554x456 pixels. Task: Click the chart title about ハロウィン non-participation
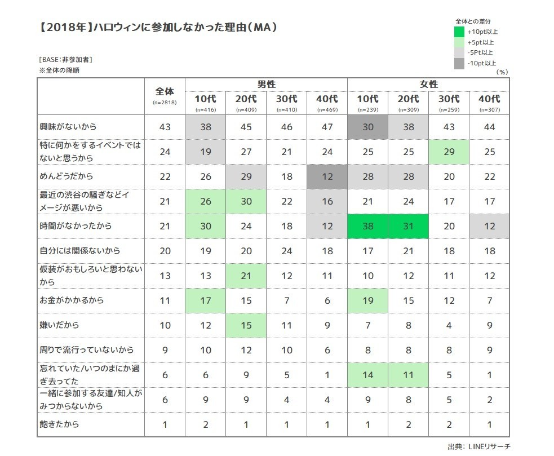point(158,27)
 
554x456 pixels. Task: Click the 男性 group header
point(267,84)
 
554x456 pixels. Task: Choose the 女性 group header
point(428,84)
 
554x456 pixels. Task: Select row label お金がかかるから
point(71,300)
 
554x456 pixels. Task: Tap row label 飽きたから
point(59,424)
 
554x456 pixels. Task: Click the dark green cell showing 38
point(367,226)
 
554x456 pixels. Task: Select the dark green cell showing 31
point(408,226)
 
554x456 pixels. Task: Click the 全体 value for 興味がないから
point(165,127)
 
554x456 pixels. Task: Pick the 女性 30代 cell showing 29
point(449,152)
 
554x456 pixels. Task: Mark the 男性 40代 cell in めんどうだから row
point(327,176)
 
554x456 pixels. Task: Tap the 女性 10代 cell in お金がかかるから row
point(367,300)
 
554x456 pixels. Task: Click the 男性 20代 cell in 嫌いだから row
point(246,325)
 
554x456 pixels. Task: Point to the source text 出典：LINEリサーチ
point(478,446)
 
